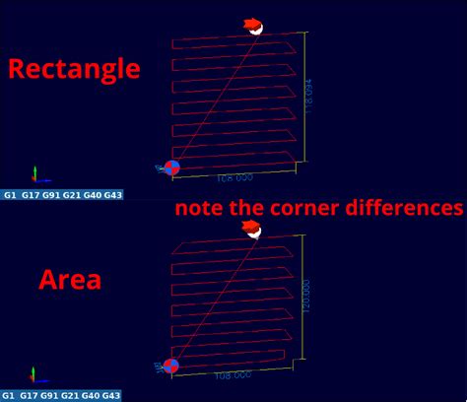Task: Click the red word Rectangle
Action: [74, 68]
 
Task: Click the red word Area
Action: [69, 279]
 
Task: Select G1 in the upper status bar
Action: [10, 195]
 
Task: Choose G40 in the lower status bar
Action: [93, 396]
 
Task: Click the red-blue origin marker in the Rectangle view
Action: [171, 168]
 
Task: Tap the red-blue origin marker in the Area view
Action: [170, 367]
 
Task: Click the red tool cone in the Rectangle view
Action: [254, 26]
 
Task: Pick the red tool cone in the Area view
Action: [252, 229]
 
